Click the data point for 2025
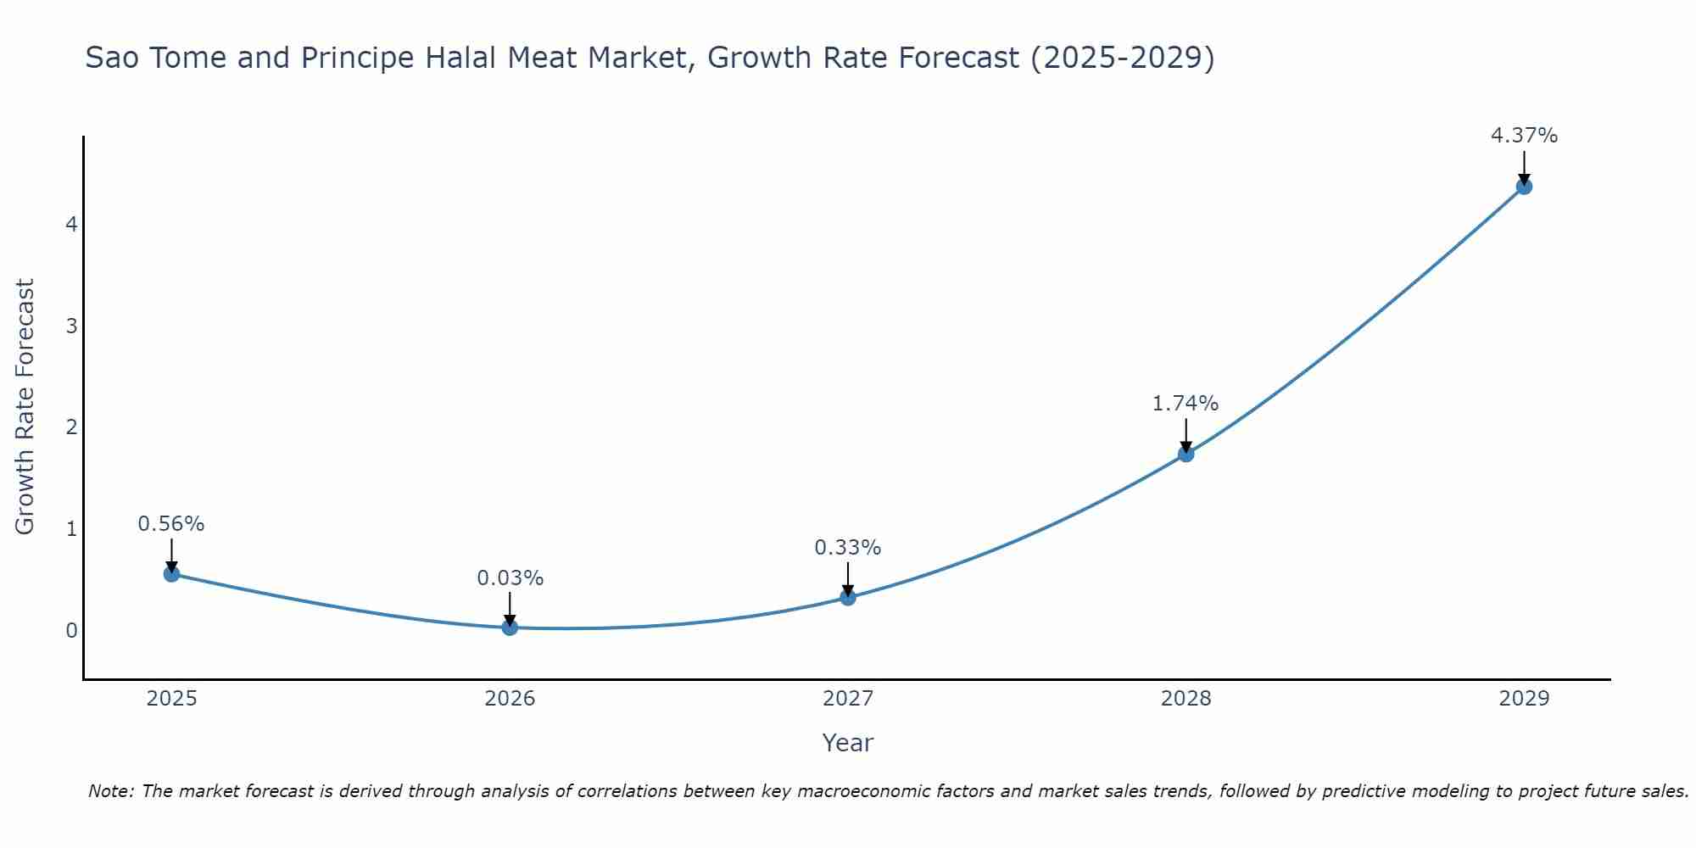[171, 574]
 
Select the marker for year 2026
[510, 628]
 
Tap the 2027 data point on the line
[848, 598]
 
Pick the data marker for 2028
[1186, 455]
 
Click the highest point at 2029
[1524, 187]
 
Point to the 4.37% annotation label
[1524, 136]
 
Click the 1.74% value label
[1185, 404]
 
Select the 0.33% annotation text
[847, 548]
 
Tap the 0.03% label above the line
[510, 578]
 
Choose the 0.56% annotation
[171, 524]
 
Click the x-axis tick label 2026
[510, 699]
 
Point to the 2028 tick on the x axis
[1186, 699]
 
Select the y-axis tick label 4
[72, 225]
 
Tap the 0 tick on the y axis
[72, 631]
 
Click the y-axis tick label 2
[72, 427]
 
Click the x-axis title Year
[847, 743]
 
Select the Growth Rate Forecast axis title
[25, 407]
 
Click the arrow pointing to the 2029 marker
[1524, 168]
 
